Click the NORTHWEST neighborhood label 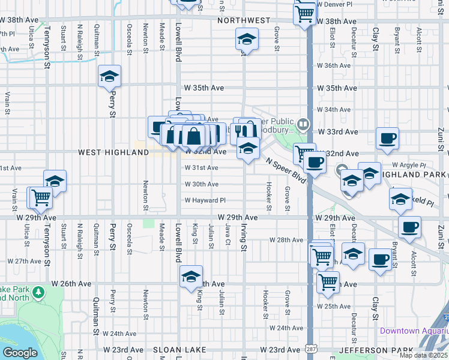tap(244, 20)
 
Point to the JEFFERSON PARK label tap(376, 350)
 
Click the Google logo tap(20, 353)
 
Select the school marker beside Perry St tap(109, 76)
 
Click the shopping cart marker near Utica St tap(41, 197)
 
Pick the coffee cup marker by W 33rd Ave tap(387, 139)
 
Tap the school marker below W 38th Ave tap(245, 40)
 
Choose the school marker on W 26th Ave tap(190, 276)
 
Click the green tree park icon tap(39, 292)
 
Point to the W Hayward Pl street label tap(205, 200)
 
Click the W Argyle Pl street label tap(408, 164)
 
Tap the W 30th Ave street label tap(201, 184)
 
